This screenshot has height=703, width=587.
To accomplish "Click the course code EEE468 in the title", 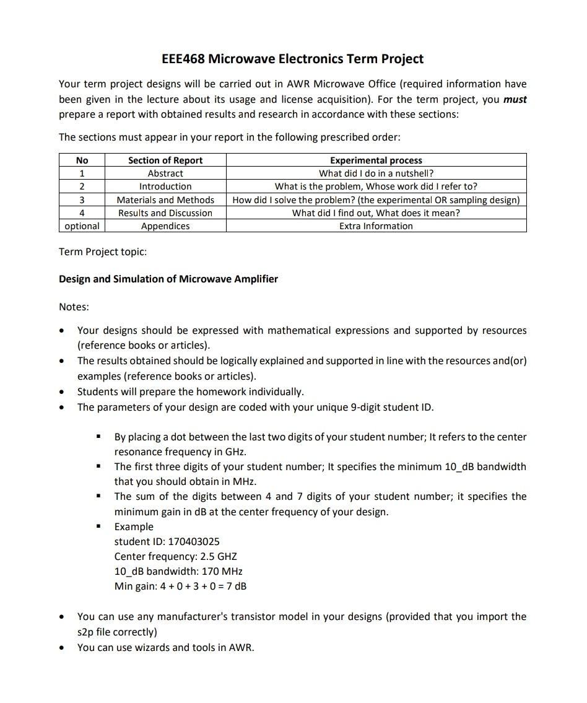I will point(183,59).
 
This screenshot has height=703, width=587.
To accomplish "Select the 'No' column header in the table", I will point(82,160).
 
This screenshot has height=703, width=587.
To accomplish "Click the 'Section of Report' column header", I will point(165,160).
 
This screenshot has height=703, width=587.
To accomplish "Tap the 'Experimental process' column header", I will point(376,160).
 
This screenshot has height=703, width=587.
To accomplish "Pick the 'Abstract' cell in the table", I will point(165,173).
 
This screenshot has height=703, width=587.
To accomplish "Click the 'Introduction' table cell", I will point(165,186).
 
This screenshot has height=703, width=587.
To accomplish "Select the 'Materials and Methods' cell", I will point(165,199).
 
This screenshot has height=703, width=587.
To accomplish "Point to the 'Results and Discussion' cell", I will point(165,213).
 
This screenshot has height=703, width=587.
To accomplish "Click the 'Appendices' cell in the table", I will point(165,226).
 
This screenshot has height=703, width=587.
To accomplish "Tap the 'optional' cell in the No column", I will point(82,226).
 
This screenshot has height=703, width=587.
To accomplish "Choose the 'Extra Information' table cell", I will point(376,226).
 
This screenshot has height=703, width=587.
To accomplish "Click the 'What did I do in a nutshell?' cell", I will point(376,173).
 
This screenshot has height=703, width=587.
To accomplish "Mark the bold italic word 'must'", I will point(515,99).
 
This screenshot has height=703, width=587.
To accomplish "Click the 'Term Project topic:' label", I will point(103,251).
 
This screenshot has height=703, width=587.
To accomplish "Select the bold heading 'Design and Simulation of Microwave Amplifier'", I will point(168,279).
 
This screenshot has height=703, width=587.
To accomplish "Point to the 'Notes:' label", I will point(74,307).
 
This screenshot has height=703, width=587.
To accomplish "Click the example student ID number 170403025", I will point(194,541).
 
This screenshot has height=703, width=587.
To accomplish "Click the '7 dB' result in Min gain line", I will point(238,586).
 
